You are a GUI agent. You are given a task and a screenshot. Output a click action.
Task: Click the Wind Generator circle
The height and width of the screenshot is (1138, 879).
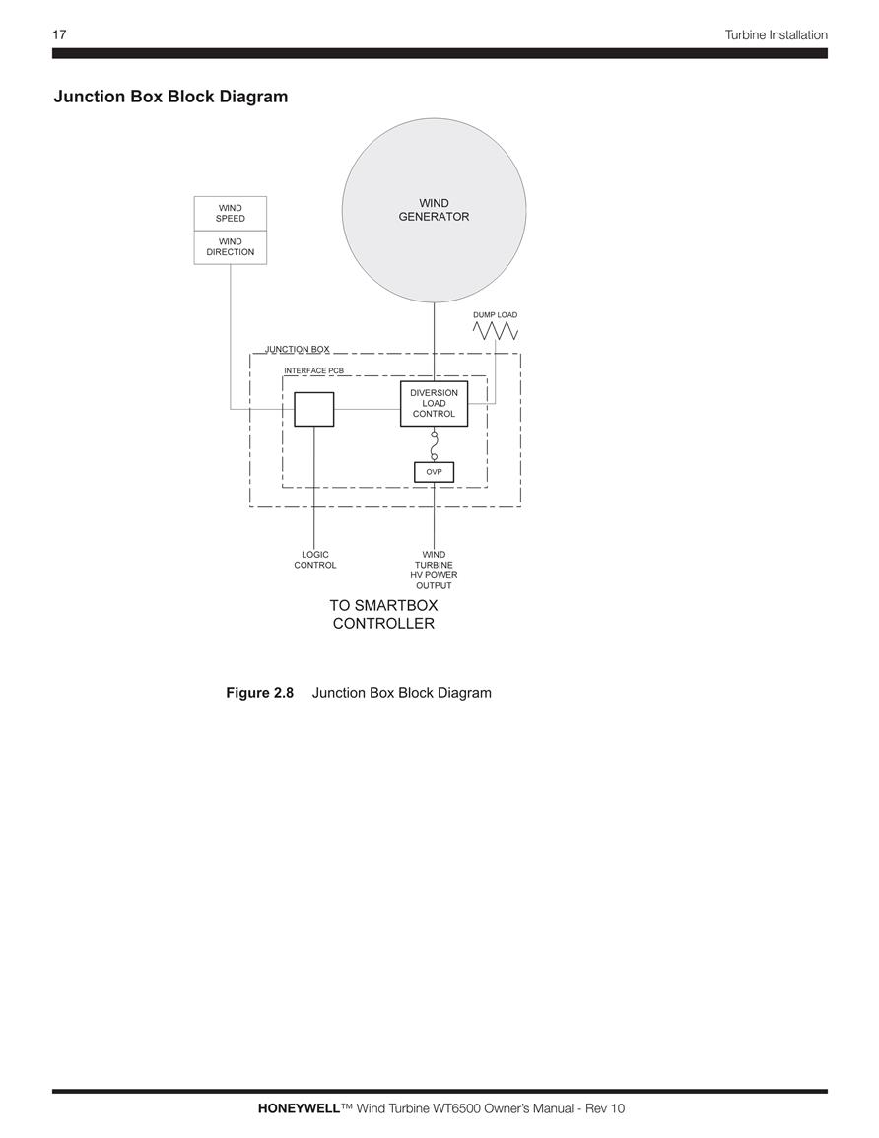click(x=434, y=211)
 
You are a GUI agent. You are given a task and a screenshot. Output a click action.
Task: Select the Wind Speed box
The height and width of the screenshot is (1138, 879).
click(x=230, y=214)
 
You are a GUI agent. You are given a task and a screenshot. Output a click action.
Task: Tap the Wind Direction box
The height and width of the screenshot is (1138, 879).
click(x=230, y=247)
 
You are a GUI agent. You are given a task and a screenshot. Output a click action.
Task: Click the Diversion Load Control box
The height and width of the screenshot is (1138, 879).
click(x=434, y=404)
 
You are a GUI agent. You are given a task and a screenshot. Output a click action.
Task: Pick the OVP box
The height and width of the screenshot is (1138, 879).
click(x=434, y=472)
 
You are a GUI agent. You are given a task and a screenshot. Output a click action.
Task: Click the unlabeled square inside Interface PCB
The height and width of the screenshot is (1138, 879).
click(x=313, y=409)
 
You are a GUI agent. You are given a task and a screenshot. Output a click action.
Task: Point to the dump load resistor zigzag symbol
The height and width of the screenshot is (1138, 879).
click(x=495, y=331)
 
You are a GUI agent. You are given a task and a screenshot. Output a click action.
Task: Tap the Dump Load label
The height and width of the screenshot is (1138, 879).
click(x=495, y=315)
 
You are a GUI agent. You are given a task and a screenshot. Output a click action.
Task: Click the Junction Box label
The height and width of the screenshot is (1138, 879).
click(x=297, y=349)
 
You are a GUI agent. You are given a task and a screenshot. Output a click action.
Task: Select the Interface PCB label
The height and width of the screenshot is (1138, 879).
click(x=313, y=370)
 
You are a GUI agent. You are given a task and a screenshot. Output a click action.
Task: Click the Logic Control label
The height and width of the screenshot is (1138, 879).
click(x=315, y=560)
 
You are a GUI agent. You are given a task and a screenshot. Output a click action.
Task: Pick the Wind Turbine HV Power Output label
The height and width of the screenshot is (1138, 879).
click(x=434, y=569)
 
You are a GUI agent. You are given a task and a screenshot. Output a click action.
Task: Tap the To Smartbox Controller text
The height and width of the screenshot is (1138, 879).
click(x=383, y=614)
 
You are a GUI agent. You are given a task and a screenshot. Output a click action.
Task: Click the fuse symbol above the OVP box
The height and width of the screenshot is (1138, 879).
click(x=434, y=444)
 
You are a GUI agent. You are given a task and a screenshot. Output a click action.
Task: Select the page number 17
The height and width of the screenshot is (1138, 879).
click(x=59, y=34)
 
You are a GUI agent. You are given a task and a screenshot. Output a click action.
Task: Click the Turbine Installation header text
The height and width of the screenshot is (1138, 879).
click(x=776, y=34)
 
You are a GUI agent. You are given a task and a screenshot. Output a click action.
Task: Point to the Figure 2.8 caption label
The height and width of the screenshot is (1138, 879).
click(x=260, y=693)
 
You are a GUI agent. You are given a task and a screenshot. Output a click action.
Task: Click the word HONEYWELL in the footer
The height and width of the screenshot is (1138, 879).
click(x=299, y=1108)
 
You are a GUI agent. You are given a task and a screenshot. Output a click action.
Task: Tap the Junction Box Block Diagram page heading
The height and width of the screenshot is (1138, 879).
click(x=170, y=97)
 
